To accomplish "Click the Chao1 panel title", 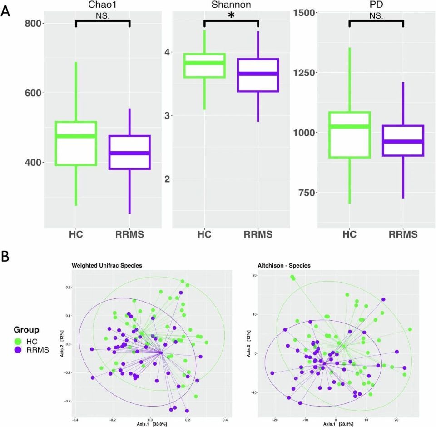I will [102, 5].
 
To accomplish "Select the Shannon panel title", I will [231, 5].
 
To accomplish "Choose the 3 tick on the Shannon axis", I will [168, 115].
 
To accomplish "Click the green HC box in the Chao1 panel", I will [75, 143].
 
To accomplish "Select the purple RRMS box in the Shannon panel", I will [258, 75].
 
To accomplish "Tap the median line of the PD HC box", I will [349, 126].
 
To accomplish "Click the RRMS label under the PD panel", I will [403, 235].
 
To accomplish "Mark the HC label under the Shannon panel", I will [204, 235].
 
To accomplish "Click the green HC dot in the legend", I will [18, 341].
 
